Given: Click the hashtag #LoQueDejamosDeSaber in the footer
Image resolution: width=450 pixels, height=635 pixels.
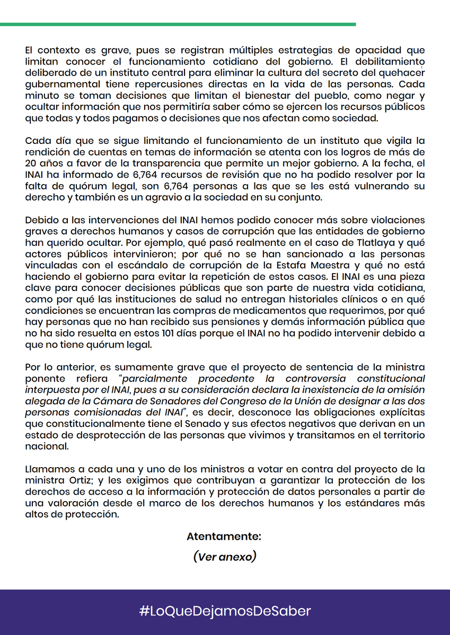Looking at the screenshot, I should click(x=225, y=611).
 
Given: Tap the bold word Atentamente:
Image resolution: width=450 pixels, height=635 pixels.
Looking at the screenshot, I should click(x=224, y=536).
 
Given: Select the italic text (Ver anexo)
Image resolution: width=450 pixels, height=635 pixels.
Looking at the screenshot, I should click(x=225, y=557).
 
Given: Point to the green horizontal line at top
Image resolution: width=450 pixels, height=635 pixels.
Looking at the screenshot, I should click(x=178, y=24).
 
